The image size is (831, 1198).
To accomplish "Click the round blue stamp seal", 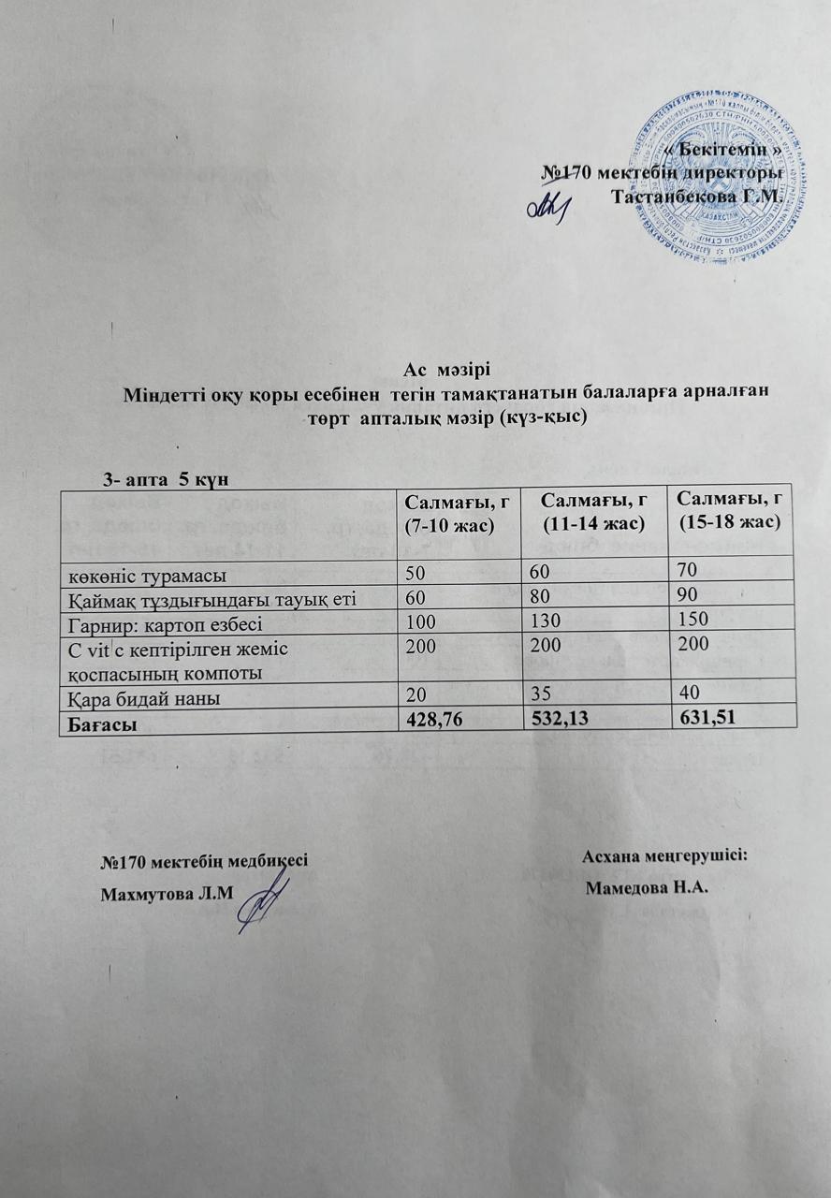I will (x=722, y=176).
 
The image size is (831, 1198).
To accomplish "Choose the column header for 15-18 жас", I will (x=729, y=514).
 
